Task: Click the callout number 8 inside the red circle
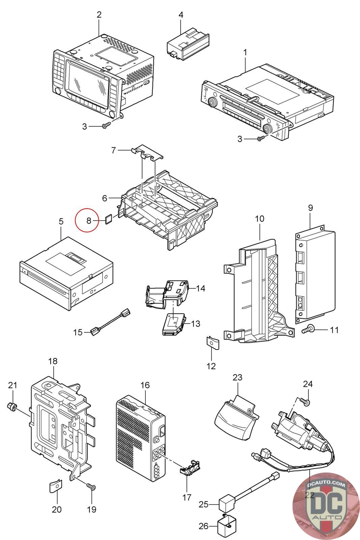pyautogui.click(x=89, y=221)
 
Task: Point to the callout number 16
pyautogui.click(x=145, y=385)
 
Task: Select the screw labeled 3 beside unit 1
pyautogui.click(x=260, y=138)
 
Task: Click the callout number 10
pyautogui.click(x=259, y=219)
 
